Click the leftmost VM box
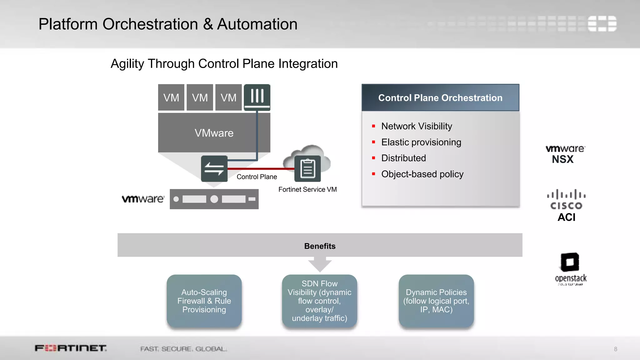coord(171,97)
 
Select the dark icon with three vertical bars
coord(257,97)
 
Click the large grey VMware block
coord(214,133)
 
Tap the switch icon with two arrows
coord(214,169)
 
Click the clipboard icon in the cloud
coord(307,169)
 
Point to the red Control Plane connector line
coord(261,169)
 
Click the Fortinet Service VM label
coord(307,189)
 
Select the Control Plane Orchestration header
coord(440,98)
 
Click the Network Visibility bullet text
coord(417,126)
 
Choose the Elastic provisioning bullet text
coord(421,142)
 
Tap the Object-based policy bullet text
coord(422,174)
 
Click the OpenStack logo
coord(570,269)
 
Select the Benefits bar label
coord(320,246)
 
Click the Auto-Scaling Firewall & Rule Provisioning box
coord(204,301)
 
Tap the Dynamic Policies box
coord(436,301)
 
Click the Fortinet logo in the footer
coord(71,348)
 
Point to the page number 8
coord(615,349)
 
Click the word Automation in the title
coord(257,24)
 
